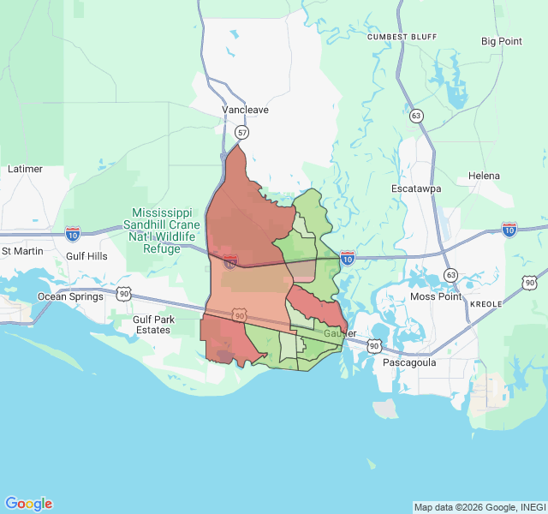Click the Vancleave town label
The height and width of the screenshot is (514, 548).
pos(245,111)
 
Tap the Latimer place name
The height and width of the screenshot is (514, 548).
pos(25,169)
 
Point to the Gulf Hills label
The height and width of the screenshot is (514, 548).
pos(87,256)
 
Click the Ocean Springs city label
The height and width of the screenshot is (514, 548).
pos(69,296)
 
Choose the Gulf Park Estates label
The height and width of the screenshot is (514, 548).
pos(152,325)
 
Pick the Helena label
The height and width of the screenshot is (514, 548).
pos(484,176)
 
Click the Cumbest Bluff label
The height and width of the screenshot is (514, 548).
pos(402,38)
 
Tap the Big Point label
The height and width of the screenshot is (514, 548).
pos(501,41)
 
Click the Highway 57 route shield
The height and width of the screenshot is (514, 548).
pos(243,133)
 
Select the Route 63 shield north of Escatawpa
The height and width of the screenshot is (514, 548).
pos(416,116)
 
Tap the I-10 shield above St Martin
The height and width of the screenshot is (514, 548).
pos(73,232)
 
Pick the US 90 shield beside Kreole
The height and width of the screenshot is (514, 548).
pos(531,283)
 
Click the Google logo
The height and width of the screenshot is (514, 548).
pos(28,504)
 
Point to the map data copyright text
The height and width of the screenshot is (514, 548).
pos(479,507)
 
